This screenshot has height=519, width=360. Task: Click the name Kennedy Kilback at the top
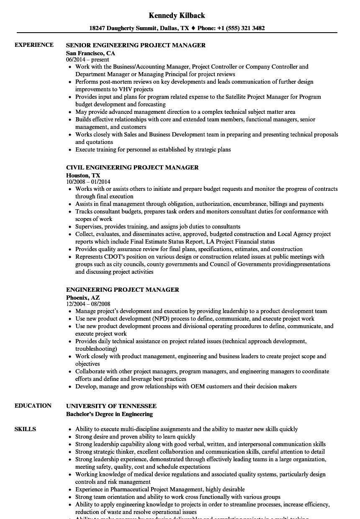[177, 15]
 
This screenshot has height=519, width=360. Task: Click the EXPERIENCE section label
[34, 45]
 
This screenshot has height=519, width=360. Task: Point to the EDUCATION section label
[33, 406]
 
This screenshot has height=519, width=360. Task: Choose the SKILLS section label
[25, 429]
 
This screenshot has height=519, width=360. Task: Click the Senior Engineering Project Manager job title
[136, 45]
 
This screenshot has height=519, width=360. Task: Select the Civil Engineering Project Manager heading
[132, 167]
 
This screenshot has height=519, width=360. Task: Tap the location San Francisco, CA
[90, 53]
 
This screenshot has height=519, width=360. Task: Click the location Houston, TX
[83, 175]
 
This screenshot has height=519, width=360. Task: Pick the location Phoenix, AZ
[83, 298]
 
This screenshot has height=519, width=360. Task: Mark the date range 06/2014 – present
[87, 60]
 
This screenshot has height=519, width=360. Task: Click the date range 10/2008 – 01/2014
[88, 182]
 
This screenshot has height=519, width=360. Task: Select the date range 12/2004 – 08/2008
[88, 304]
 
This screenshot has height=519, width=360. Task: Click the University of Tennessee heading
[111, 406]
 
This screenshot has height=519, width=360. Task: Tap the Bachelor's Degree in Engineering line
[109, 414]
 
